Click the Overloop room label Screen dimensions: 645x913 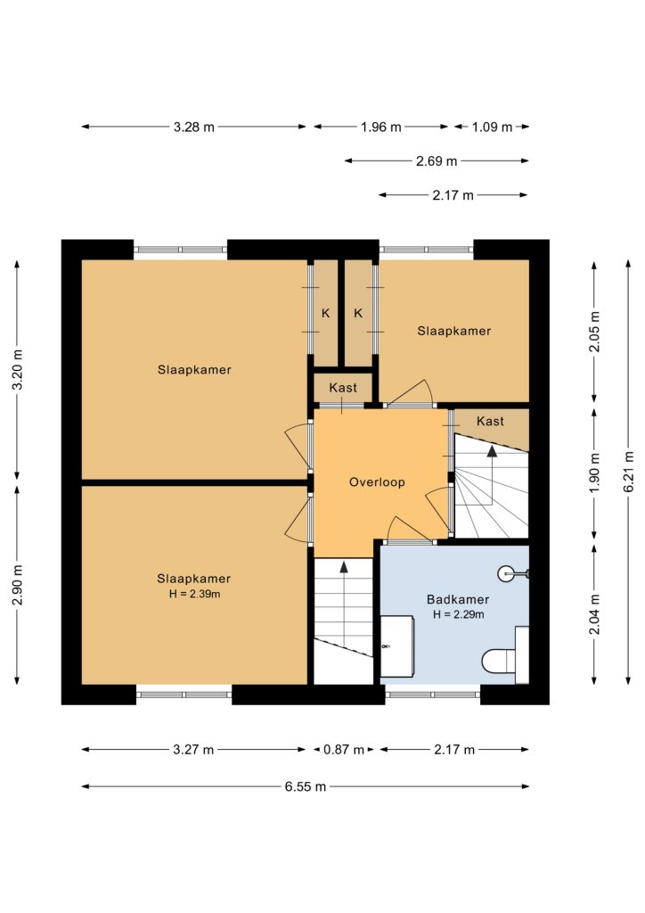377,482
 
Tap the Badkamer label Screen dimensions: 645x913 458,599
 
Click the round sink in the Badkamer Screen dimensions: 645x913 506,574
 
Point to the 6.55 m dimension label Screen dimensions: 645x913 306,786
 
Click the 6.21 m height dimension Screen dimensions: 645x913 628,472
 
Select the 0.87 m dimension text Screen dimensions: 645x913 344,749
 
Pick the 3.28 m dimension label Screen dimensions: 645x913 193,127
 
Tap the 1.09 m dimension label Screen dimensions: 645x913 492,127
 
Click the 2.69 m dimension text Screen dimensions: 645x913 437,161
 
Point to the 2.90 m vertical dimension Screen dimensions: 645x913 18,585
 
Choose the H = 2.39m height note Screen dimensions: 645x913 194,595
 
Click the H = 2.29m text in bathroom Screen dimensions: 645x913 458,614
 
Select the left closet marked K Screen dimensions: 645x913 326,313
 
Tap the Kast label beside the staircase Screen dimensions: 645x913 490,421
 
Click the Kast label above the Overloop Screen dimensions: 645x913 343,388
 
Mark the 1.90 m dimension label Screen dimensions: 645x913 594,473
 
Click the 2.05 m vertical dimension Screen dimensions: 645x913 594,332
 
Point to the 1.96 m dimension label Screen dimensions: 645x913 381,127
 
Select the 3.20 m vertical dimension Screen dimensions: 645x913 18,370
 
